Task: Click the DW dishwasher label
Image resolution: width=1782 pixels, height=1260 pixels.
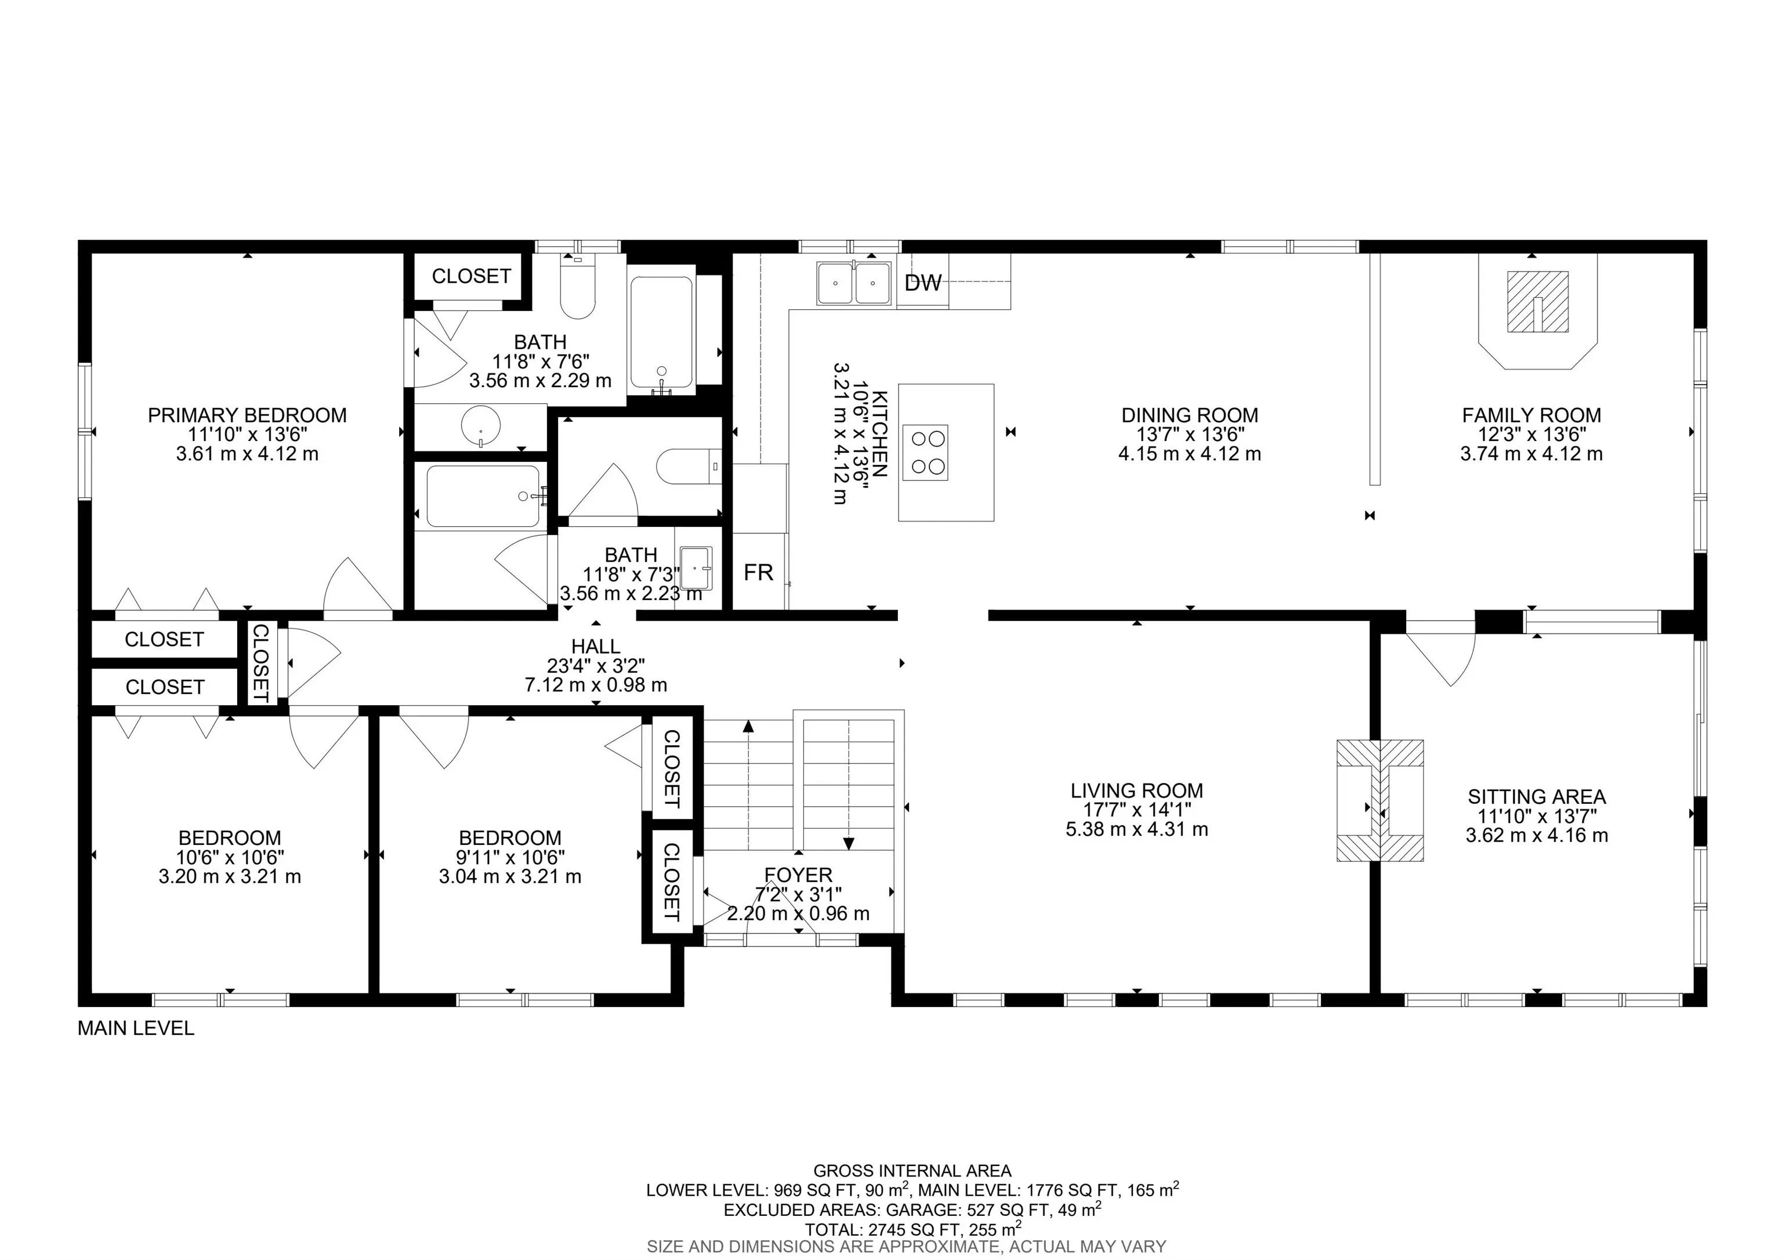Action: click(x=923, y=283)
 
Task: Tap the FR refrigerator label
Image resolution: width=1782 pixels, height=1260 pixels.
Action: click(x=758, y=572)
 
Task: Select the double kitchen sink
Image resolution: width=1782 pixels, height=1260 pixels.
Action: click(x=853, y=283)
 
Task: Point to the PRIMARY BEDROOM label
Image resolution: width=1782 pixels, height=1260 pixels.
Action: click(x=247, y=416)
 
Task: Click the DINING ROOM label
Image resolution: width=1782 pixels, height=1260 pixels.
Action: click(x=1190, y=416)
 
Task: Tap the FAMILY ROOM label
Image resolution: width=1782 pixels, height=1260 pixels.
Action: click(x=1531, y=416)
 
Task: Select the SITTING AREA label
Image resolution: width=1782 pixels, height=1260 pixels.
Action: click(x=1537, y=796)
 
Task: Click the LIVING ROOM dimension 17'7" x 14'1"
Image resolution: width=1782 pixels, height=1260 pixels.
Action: click(x=1137, y=810)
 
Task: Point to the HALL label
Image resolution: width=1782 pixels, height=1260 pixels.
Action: click(x=595, y=646)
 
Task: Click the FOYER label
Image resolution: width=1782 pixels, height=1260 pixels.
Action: click(x=798, y=875)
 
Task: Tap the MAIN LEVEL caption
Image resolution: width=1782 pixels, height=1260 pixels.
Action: click(x=136, y=1028)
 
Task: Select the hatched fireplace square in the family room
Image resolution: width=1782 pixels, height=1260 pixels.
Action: click(x=1538, y=301)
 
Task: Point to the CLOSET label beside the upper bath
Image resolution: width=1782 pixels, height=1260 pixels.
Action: click(x=471, y=276)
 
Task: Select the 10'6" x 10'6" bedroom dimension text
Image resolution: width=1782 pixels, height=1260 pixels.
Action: click(x=230, y=857)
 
